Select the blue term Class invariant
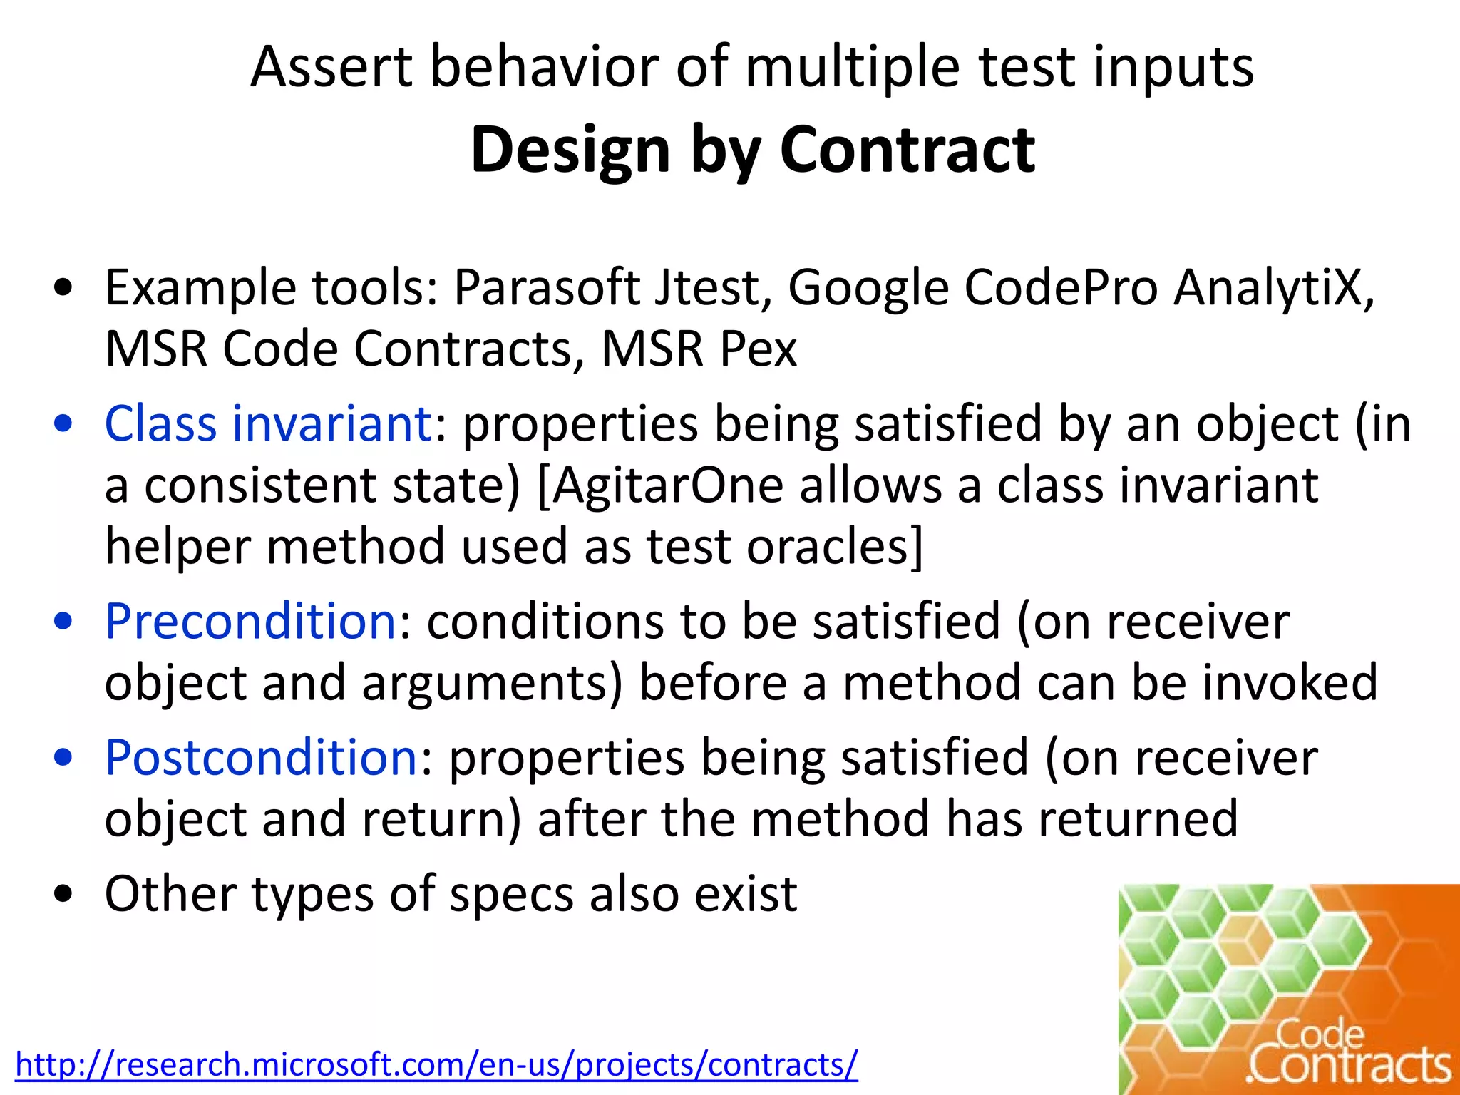(x=268, y=423)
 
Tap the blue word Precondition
(x=250, y=621)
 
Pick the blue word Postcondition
(x=261, y=757)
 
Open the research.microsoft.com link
(x=436, y=1064)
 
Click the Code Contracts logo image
(x=1288, y=989)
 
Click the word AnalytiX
(x=1273, y=288)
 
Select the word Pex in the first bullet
(x=757, y=349)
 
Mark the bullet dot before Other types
(x=63, y=894)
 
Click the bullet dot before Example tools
(x=63, y=289)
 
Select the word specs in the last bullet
(x=511, y=894)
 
